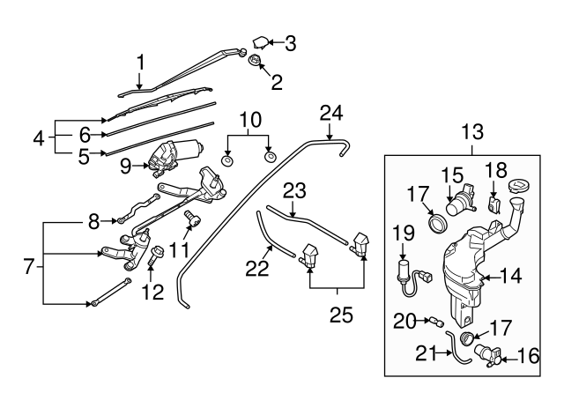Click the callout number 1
139,63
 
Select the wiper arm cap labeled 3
263,41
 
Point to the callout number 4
39,137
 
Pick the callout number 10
249,118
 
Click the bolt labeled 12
156,259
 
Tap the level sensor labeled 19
407,270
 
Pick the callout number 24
330,113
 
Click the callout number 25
336,314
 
